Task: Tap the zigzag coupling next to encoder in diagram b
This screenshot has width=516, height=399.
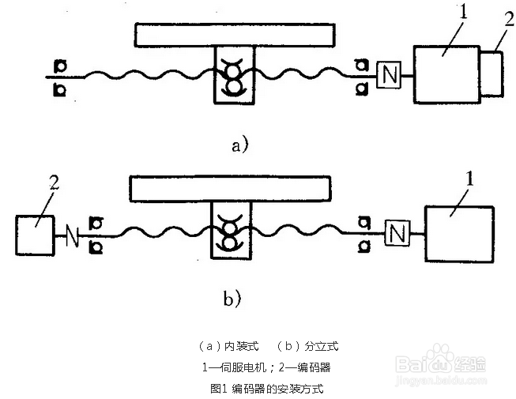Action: click(73, 235)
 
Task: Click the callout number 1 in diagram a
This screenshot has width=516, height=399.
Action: click(463, 13)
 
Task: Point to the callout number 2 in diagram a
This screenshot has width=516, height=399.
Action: click(509, 19)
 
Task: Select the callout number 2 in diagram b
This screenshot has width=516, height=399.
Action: click(55, 183)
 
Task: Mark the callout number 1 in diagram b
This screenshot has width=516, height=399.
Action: click(470, 179)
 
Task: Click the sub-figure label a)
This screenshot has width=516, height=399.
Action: click(240, 145)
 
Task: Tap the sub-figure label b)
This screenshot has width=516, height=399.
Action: click(232, 299)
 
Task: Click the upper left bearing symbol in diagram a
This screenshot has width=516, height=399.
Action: click(60, 66)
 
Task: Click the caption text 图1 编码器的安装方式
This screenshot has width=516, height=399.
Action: click(267, 389)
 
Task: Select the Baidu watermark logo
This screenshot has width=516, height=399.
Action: click(441, 363)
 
